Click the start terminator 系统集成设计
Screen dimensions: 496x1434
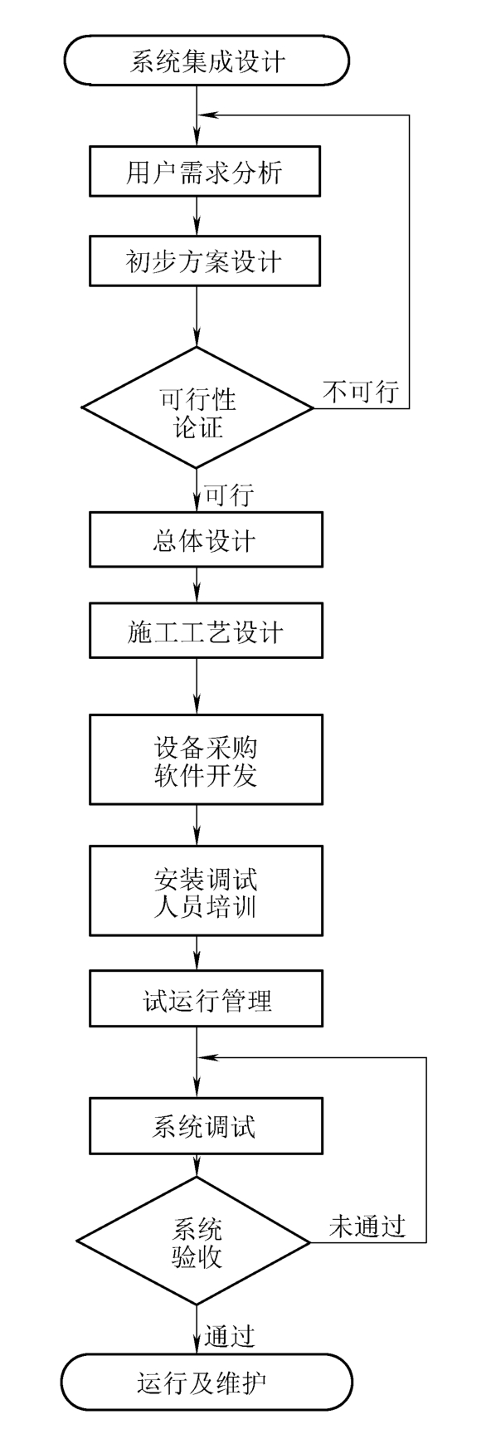tap(207, 61)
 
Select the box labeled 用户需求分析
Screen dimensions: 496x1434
tap(205, 172)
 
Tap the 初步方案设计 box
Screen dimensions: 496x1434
tap(205, 261)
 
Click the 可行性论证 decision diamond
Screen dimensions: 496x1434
tap(197, 407)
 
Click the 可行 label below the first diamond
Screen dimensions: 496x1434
tap(228, 495)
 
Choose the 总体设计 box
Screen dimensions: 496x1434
tap(206, 541)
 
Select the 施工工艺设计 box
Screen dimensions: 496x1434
tap(206, 633)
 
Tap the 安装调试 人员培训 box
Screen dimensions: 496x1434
tap(206, 890)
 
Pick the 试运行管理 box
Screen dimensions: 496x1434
tap(206, 1000)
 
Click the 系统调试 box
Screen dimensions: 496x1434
tap(206, 1126)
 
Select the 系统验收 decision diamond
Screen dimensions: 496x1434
tap(196, 1241)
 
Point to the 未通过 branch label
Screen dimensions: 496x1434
tap(367, 1226)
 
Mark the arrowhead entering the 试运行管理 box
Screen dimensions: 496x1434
tap(197, 965)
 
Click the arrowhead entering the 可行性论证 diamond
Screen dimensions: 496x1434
tap(197, 338)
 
